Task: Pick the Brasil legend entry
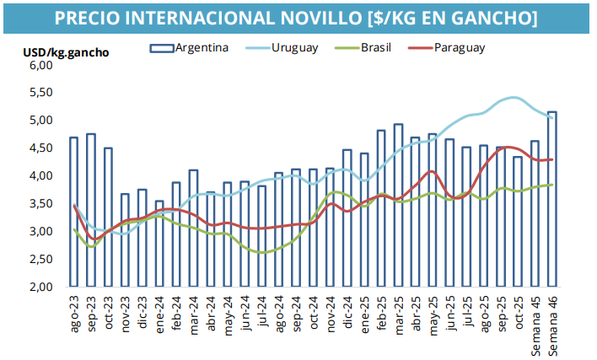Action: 374,47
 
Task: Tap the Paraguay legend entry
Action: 460,47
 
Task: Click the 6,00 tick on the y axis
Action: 40,65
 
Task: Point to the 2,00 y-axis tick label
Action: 40,287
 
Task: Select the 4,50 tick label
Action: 40,148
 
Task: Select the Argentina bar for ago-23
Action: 73,212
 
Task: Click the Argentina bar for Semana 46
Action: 552,199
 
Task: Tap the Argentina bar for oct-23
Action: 108,217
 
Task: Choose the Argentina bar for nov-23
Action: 125,240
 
